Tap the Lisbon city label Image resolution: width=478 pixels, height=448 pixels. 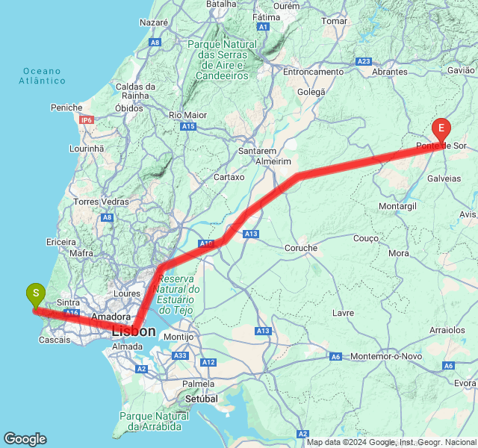coord(134,331)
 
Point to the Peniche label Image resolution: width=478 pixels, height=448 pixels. coord(66,108)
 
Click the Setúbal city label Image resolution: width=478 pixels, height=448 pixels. coord(201,399)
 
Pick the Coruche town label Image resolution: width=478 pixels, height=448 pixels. coord(301,248)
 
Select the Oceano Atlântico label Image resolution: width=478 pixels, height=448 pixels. coord(42,75)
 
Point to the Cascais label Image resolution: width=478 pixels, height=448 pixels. coord(56,340)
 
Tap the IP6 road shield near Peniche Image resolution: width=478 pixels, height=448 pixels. coord(87,119)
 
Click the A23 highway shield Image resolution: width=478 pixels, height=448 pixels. coord(364,61)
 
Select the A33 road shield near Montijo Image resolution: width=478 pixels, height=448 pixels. coord(180,356)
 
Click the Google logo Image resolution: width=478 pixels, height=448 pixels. coord(25,439)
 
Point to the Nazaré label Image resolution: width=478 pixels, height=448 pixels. coord(153,23)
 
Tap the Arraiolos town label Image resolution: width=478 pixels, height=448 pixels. coord(447,329)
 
